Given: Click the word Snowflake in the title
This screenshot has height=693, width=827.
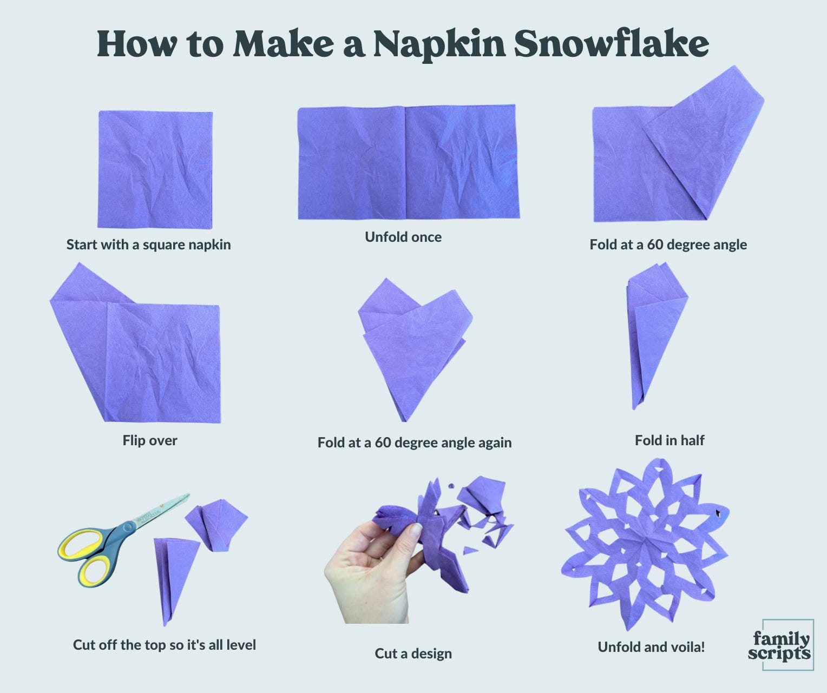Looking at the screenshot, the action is (611, 44).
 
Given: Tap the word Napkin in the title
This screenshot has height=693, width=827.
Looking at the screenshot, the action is (439, 45).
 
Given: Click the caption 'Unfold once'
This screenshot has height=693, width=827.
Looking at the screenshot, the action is (403, 237).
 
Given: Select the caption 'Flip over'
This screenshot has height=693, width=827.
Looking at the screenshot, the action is (150, 440).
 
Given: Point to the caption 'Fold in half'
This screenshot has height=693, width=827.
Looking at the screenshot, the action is (670, 440).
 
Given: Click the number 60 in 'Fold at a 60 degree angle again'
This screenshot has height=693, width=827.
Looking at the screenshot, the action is (383, 443).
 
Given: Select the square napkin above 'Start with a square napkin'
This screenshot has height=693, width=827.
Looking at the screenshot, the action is (155, 169).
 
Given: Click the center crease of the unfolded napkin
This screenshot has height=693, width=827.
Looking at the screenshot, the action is (405, 162).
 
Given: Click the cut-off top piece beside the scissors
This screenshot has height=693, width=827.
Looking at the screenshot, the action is (216, 525).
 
